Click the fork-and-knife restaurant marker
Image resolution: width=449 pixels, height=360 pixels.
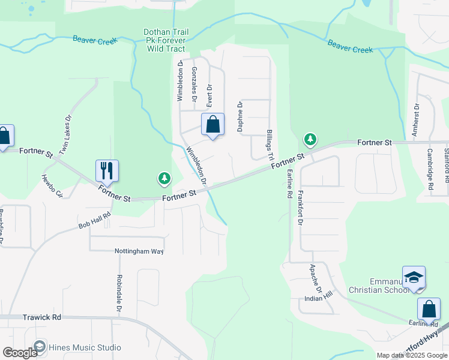(x=107, y=170)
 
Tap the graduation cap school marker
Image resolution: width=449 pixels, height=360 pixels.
(x=414, y=277)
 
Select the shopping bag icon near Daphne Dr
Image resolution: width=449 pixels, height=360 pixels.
(x=212, y=124)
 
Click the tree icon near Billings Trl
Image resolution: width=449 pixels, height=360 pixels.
(x=310, y=140)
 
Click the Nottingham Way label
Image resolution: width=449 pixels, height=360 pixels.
(x=139, y=251)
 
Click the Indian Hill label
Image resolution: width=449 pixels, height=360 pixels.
(x=318, y=298)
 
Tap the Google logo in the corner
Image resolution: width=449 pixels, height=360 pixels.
(x=20, y=353)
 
